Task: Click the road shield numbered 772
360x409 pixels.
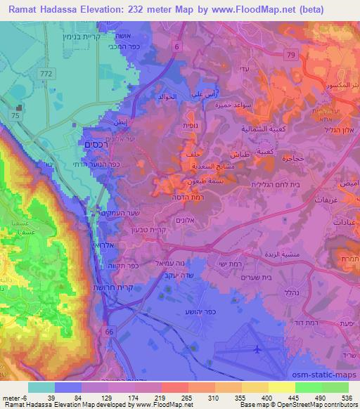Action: pos(46,72)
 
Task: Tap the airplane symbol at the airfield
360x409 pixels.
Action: pos(257,349)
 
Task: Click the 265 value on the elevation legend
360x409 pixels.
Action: pos(174,398)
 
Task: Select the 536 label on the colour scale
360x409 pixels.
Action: pos(347,398)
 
